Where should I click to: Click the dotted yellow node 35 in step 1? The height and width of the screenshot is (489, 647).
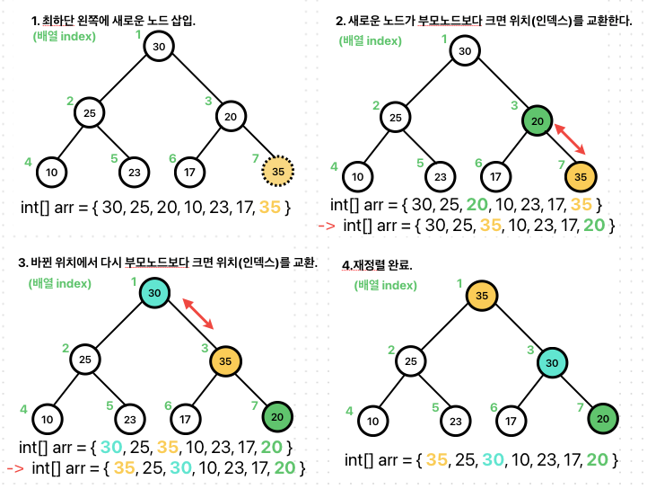point(278,170)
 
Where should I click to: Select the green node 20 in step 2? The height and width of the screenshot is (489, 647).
point(538,121)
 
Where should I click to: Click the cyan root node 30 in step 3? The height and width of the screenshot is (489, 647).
point(155,293)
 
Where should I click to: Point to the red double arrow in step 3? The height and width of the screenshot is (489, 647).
point(198,314)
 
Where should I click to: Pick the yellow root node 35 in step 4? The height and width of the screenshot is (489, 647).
point(482,296)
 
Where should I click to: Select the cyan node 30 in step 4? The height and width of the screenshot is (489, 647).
point(554,362)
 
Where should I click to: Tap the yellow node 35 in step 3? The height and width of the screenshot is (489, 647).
point(227,362)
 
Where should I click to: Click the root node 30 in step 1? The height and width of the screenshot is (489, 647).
point(159,47)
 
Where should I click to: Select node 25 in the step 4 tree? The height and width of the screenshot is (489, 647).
point(410,362)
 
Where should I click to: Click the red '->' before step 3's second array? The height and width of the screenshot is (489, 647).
point(16,468)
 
